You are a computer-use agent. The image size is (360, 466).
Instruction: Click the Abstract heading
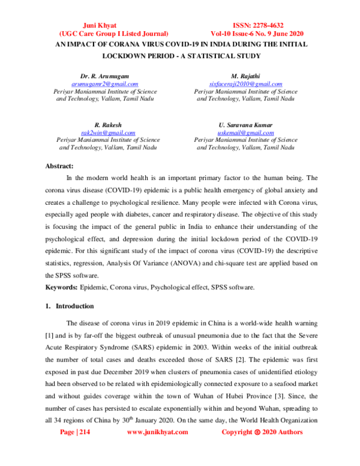pyautogui.click(x=60, y=166)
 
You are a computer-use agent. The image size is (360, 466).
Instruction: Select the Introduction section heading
pyautogui.click(x=71, y=306)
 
